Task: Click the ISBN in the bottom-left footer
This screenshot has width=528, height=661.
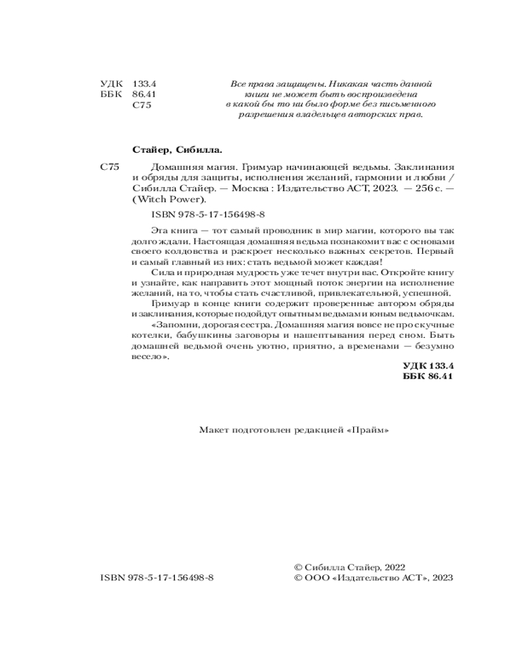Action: click(157, 577)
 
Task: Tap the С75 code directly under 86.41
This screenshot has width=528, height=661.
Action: click(142, 105)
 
